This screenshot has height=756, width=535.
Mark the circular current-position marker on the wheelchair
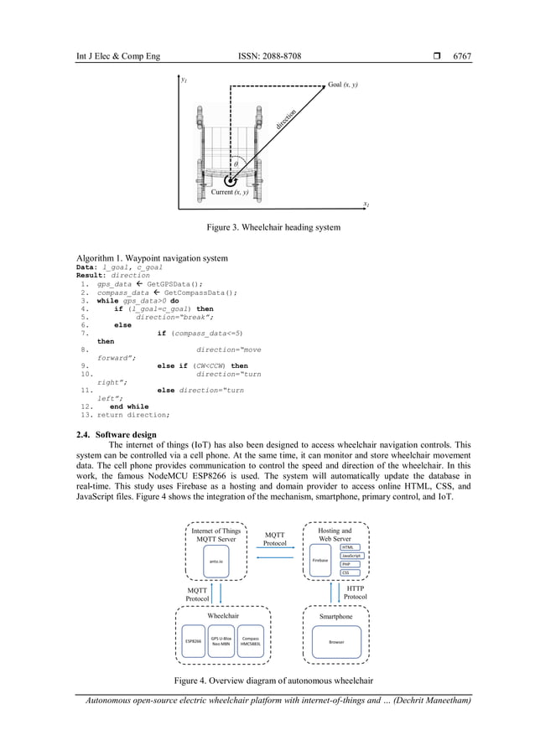(229, 179)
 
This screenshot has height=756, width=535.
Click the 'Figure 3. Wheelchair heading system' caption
(267, 227)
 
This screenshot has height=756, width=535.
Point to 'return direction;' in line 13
(133, 414)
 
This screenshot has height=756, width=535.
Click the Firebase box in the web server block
(319, 560)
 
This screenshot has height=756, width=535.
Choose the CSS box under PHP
(345, 573)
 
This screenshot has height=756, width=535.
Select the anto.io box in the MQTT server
(216, 561)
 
